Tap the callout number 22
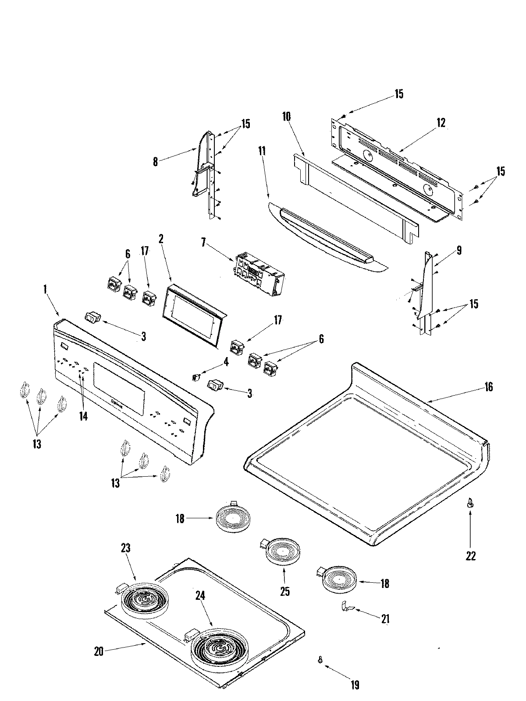470,556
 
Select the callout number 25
284,591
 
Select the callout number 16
489,387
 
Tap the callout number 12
440,123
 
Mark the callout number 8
155,162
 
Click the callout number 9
458,251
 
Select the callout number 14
83,416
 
